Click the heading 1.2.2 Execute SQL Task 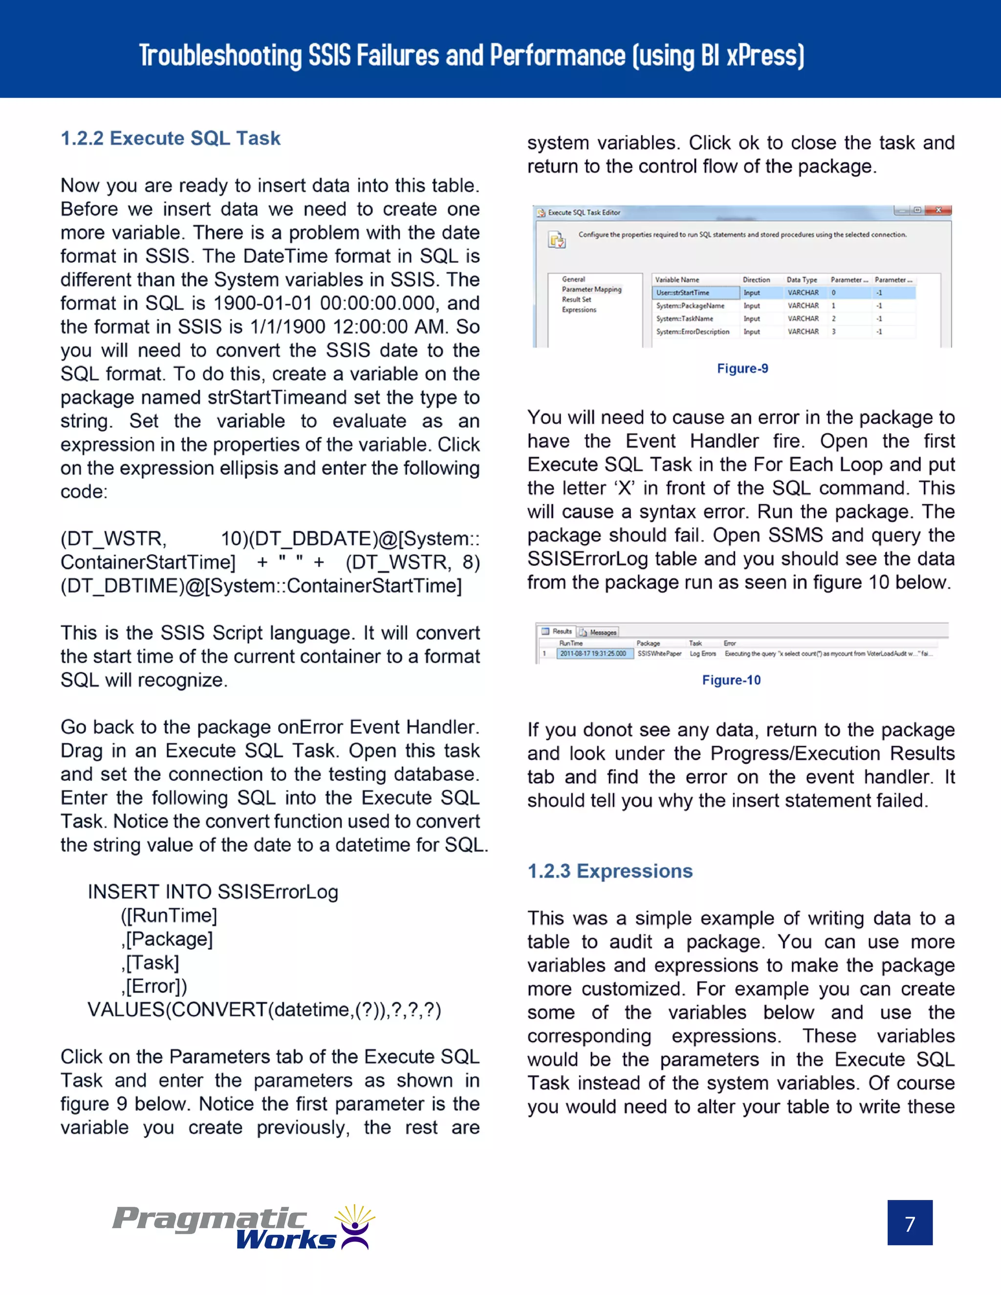[170, 138]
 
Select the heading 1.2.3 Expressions [609, 870]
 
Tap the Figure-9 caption [742, 368]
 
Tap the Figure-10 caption [731, 680]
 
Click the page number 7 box [909, 1223]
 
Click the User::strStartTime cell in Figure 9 [695, 292]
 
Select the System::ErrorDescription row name [692, 331]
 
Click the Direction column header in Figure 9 [756, 279]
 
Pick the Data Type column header [801, 279]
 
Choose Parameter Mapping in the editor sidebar [591, 289]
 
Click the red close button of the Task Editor [938, 210]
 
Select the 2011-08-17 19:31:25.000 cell [593, 653]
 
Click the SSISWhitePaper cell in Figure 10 [659, 653]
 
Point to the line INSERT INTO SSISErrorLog [213, 891]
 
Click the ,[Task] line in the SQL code [150, 962]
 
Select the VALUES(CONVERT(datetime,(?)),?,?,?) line [264, 1009]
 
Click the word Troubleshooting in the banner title [220, 56]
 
